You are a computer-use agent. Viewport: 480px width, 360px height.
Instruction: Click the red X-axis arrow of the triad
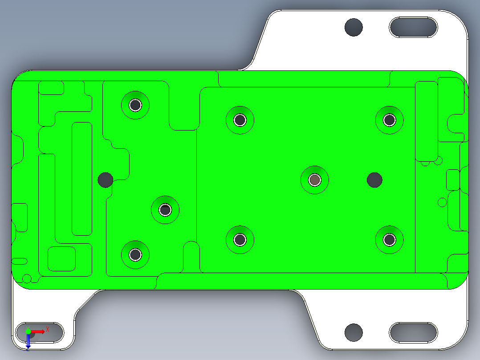tap(38, 331)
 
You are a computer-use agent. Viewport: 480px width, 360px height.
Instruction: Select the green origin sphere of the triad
tap(28, 331)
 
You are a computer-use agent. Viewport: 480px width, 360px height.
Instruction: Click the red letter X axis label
tap(48, 329)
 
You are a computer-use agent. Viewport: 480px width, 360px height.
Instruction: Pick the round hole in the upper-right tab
tap(354, 27)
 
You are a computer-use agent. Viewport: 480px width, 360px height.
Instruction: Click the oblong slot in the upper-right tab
tap(413, 27)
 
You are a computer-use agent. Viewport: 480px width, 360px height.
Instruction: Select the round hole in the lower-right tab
tap(354, 331)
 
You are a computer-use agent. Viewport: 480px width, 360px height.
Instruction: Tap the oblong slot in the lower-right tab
tap(413, 332)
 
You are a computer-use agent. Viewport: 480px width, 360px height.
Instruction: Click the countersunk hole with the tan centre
tap(315, 180)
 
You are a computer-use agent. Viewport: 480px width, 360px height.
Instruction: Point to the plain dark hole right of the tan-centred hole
tap(374, 180)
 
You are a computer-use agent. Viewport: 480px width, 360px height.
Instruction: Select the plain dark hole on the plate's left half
tap(105, 180)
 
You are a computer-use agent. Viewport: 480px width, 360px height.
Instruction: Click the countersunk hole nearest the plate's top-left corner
tap(135, 105)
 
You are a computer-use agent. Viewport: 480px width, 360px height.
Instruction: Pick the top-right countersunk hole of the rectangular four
tap(390, 119)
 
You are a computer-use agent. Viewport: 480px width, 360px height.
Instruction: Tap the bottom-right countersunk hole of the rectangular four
tap(390, 240)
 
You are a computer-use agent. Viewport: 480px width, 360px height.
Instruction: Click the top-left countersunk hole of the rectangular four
tap(240, 119)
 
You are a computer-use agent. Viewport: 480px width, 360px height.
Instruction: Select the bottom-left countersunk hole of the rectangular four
tap(240, 240)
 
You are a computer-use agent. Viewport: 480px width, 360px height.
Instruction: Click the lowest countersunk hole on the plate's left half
tap(135, 254)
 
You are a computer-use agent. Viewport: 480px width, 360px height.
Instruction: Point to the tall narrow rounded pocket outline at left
tap(81, 179)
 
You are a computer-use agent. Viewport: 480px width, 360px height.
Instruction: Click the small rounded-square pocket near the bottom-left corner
tap(61, 258)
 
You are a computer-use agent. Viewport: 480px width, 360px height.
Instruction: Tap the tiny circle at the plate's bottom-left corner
tap(27, 279)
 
